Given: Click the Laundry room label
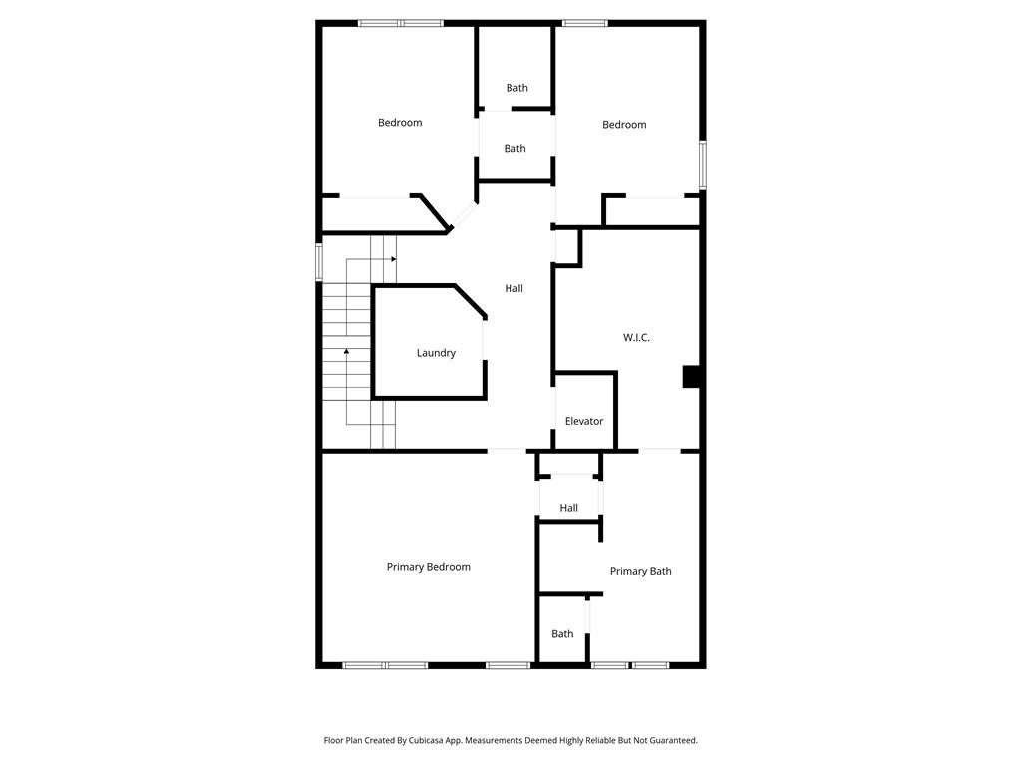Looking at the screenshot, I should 436,353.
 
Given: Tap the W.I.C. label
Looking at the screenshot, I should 636,338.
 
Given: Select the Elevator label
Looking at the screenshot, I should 584,421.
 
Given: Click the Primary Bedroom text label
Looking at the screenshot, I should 428,567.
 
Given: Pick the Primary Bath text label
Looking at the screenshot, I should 640,571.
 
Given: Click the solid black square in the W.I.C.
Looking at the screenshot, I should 692,377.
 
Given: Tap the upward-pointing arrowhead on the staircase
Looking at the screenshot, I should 347,351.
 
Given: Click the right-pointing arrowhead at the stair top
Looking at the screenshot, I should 394,259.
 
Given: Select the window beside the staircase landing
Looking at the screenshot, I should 319,261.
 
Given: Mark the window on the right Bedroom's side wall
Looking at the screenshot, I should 702,165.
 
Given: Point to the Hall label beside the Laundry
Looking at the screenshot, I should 513,288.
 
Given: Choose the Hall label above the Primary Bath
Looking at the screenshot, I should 568,508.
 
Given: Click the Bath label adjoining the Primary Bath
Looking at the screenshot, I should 562,633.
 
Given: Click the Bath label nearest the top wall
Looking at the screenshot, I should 516,88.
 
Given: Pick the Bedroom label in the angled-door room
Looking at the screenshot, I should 399,123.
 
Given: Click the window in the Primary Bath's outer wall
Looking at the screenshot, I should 629,664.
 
